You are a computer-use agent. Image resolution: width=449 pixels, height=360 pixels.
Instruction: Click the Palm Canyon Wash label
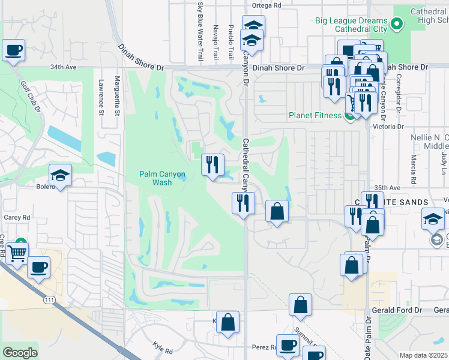tap(162, 178)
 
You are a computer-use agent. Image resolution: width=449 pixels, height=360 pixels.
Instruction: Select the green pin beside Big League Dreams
tap(396, 25)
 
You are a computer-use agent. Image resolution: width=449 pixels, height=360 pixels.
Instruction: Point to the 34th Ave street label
tap(64, 67)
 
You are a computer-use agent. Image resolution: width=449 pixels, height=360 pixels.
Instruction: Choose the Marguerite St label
tap(118, 96)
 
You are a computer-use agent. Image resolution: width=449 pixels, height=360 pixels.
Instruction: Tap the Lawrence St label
tap(101, 96)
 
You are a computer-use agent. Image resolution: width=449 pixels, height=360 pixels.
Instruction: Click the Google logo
tap(20, 353)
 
